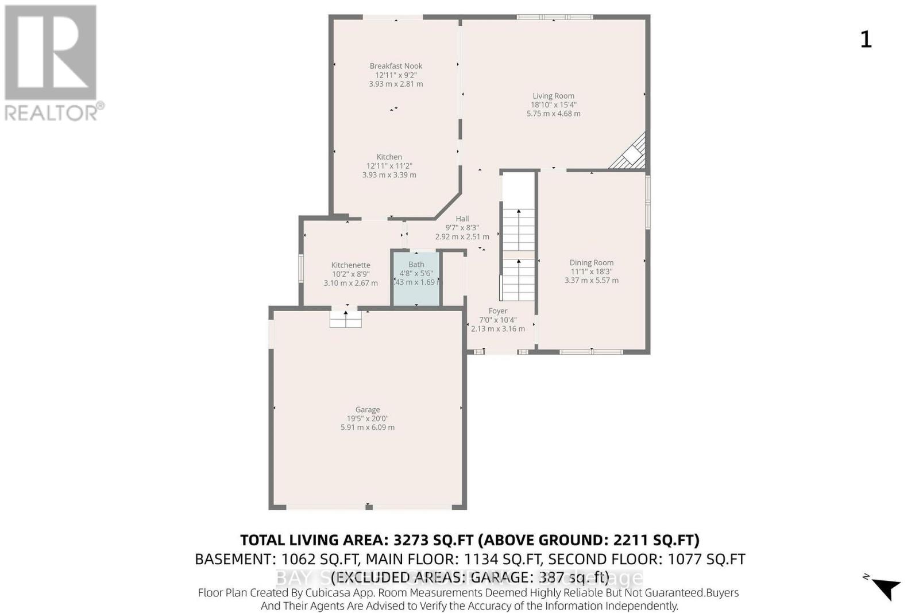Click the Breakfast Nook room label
point(396,66)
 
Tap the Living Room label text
point(553,96)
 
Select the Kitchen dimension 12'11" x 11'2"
point(389,166)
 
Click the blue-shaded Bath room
point(416,287)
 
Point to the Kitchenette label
point(350,265)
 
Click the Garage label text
point(367,410)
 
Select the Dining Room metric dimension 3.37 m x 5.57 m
point(591,281)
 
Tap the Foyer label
point(497,311)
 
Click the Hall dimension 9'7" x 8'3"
point(462,228)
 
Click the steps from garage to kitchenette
point(345,320)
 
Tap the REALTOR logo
point(52,63)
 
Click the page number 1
point(866,40)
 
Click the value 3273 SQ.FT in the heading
point(433,540)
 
